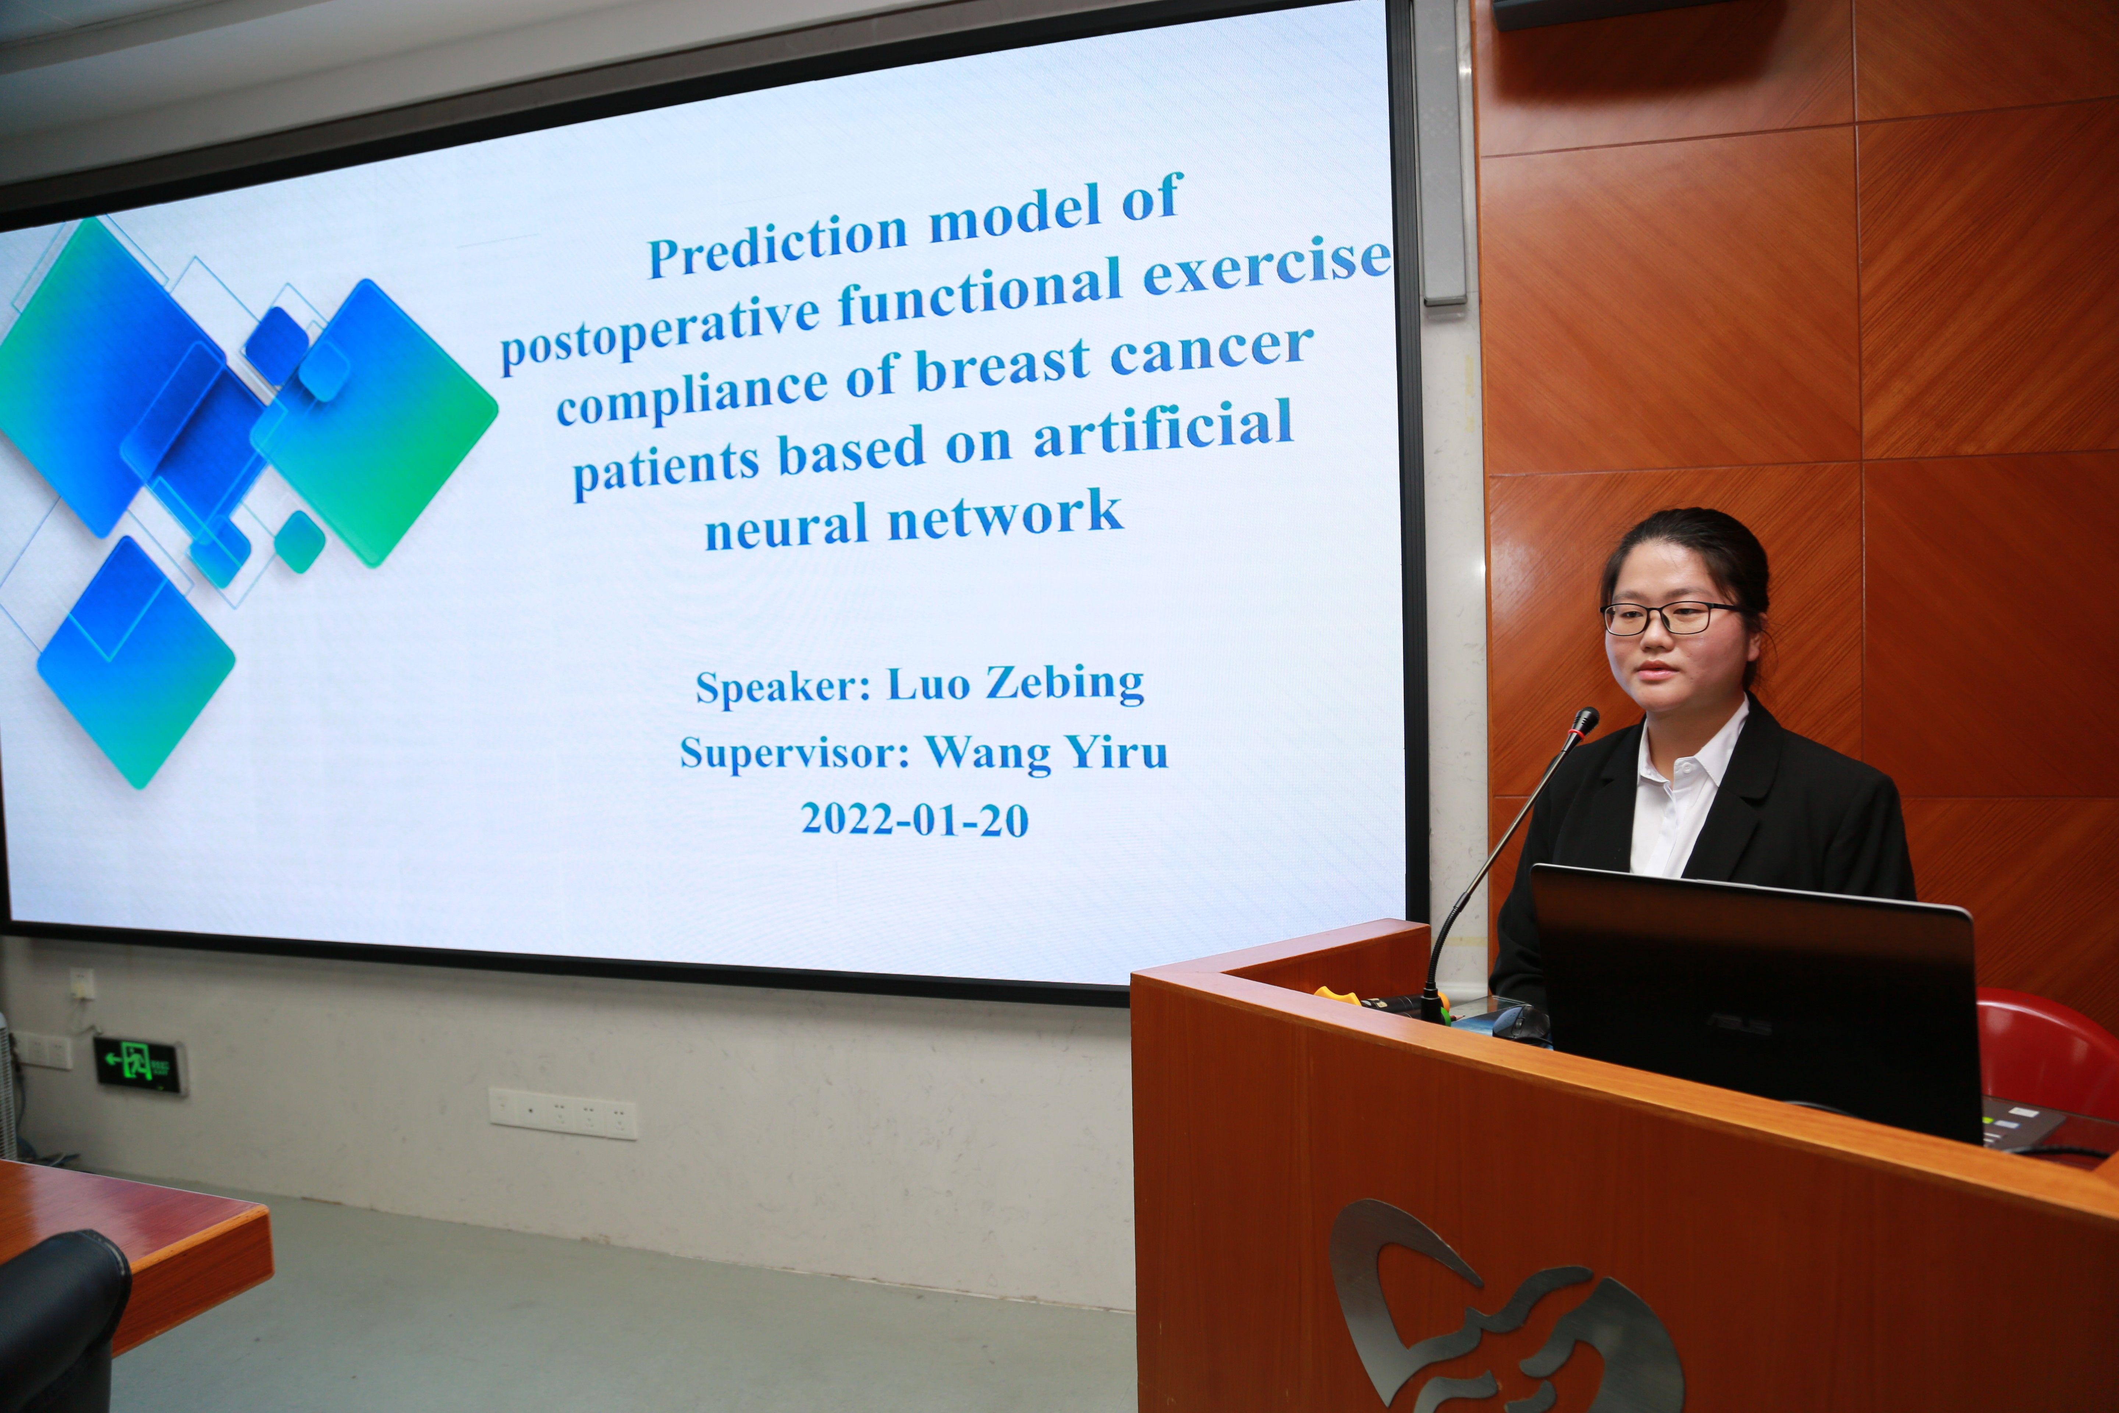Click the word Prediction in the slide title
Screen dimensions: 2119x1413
tap(777, 243)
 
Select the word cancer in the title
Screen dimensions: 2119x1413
tap(1212, 350)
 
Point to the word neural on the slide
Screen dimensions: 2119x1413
tap(789, 524)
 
